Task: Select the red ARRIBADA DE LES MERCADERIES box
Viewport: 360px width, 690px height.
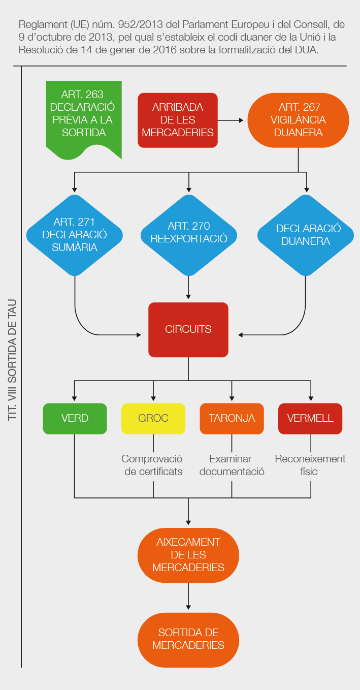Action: (x=178, y=120)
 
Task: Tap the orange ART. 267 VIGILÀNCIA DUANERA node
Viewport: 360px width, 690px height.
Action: (x=299, y=120)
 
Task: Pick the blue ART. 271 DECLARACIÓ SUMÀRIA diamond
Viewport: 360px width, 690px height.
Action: (x=75, y=235)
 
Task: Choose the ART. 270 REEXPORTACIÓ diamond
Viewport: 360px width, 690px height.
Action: (x=189, y=233)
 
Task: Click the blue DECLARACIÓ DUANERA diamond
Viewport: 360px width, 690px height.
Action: (x=306, y=235)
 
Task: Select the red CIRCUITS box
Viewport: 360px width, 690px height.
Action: (x=188, y=329)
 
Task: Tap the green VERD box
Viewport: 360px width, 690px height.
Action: (x=75, y=418)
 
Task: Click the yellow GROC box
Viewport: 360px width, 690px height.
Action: (x=153, y=418)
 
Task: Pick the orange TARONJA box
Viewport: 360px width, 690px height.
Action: (x=232, y=418)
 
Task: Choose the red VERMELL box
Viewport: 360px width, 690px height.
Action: (x=310, y=418)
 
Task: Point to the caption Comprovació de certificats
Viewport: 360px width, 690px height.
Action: (x=152, y=465)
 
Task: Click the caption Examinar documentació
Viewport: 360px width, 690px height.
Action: (x=232, y=465)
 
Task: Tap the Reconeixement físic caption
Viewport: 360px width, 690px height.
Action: (x=310, y=465)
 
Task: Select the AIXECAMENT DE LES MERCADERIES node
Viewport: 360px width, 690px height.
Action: (x=188, y=555)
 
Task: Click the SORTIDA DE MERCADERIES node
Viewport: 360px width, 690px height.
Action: (x=188, y=639)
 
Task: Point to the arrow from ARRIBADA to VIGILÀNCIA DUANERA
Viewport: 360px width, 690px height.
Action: (x=233, y=120)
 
